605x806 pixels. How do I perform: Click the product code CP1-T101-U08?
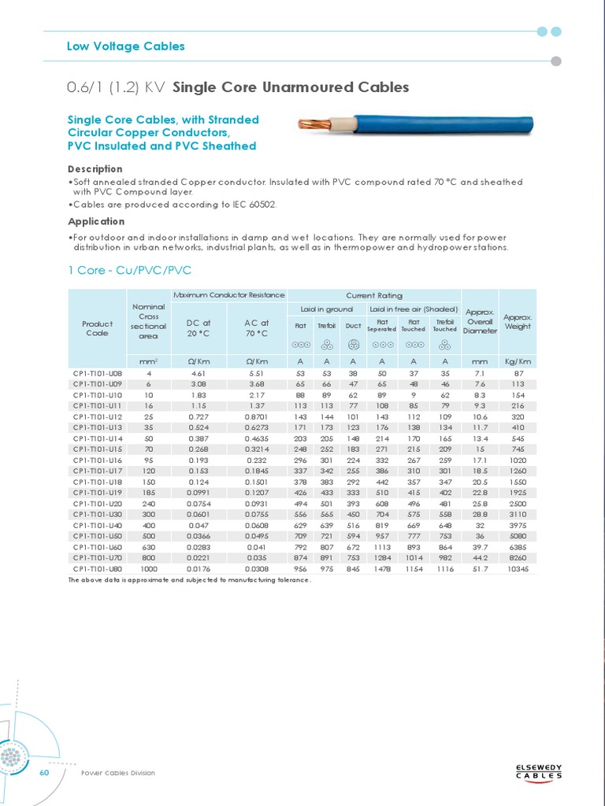pos(98,372)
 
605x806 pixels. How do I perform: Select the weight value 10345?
pos(518,568)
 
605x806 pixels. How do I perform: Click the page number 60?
pos(44,772)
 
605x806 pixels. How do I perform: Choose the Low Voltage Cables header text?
pos(126,46)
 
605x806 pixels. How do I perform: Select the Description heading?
pos(95,168)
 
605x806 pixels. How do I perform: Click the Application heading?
pos(96,221)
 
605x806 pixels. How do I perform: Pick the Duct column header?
pos(353,326)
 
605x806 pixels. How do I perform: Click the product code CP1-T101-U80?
pos(98,568)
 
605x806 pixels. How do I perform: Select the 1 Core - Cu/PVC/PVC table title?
pos(130,271)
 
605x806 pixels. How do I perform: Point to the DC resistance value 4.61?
pos(199,372)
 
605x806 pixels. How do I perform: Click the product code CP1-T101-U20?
pos(98,502)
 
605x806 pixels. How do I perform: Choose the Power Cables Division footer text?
pos(118,773)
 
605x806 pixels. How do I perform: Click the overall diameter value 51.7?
pos(480,568)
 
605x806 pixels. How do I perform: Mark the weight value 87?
pos(518,372)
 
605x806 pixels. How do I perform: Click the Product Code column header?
pos(98,327)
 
